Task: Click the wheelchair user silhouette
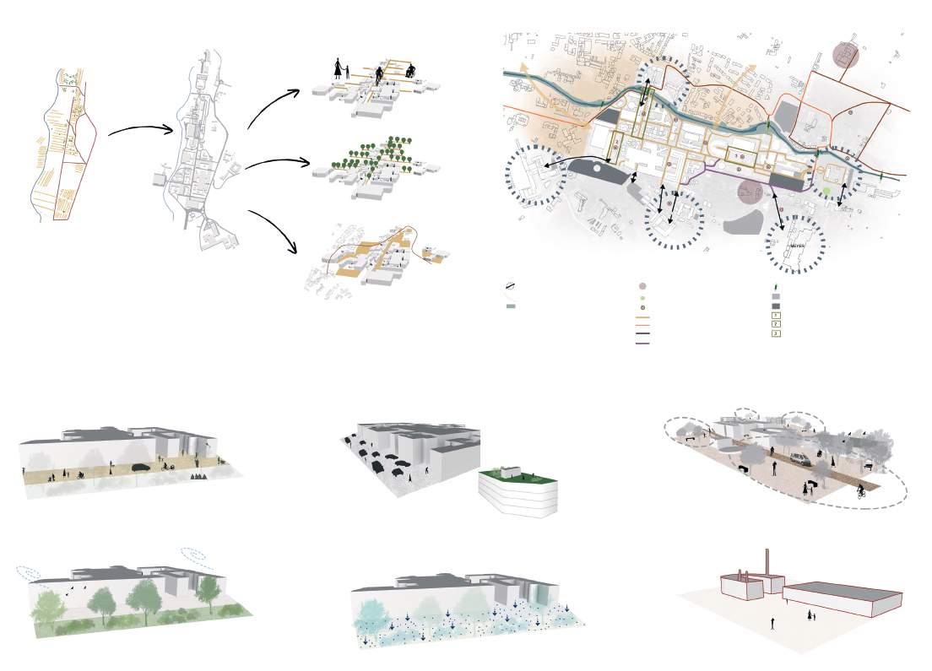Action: [411, 73]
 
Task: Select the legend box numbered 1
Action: [776, 315]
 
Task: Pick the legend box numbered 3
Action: [776, 333]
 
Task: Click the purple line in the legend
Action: [642, 344]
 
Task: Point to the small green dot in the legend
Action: [642, 299]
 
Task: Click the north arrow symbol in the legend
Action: [511, 287]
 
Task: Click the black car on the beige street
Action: [140, 467]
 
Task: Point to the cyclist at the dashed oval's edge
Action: [861, 491]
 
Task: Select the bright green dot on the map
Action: [827, 192]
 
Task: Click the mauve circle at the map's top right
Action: [845, 55]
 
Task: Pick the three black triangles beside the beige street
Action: [198, 478]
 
